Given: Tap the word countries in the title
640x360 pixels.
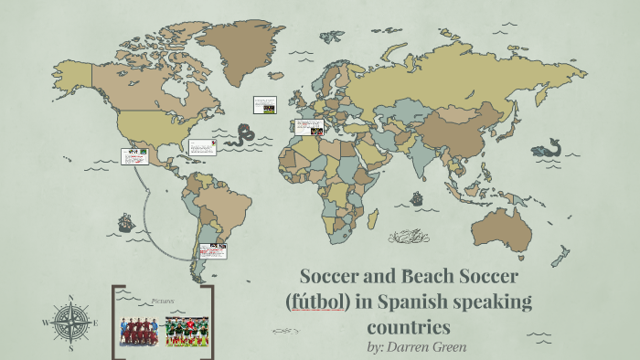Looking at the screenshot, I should point(410,325).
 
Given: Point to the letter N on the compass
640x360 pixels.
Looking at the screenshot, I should point(70,299).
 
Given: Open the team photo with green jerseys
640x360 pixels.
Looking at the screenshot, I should point(187,332).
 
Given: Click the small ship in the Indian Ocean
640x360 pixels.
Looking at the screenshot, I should point(417,197).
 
